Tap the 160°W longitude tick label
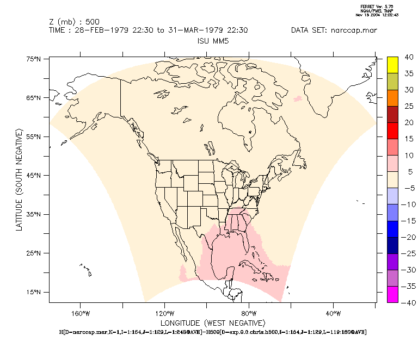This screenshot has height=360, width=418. tap(80, 313)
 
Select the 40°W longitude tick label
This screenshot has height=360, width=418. tap(334, 313)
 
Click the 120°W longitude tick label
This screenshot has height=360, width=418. tap(164, 313)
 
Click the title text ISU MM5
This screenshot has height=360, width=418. tap(212, 41)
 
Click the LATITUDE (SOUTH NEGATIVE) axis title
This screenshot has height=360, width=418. tap(20, 180)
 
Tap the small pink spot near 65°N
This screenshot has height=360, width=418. tap(297, 99)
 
